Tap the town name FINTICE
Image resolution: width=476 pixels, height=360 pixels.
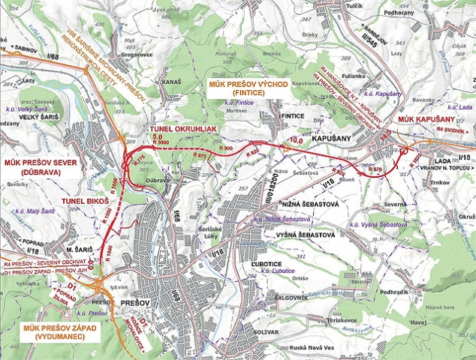coord(293,117)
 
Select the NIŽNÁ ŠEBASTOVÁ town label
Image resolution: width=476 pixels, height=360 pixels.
coord(300,205)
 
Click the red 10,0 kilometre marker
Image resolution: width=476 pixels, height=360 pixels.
coord(297,140)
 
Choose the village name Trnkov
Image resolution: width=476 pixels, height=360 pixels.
coord(441,182)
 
